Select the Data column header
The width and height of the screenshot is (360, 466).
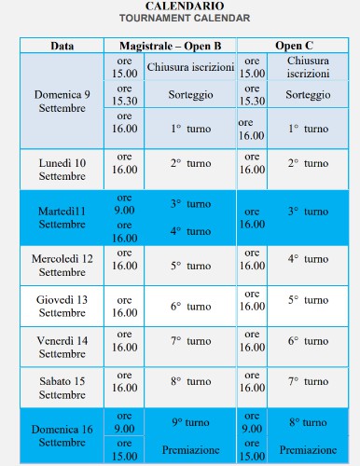tap(62, 46)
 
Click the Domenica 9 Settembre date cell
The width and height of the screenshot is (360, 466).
tap(62, 102)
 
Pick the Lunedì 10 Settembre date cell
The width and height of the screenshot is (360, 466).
tap(62, 170)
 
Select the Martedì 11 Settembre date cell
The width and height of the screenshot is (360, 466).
tap(62, 218)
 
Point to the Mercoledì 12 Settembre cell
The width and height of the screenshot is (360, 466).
tap(62, 265)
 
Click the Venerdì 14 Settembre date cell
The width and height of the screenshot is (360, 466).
tap(62, 347)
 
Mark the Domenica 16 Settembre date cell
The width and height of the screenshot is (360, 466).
tap(62, 435)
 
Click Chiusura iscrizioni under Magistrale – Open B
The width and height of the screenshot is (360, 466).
tap(190, 68)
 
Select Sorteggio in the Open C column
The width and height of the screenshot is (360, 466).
tap(308, 95)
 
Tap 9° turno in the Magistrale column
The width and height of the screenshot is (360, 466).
tap(190, 421)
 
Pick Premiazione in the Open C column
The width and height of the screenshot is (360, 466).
tap(308, 450)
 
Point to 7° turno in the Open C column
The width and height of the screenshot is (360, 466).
tap(308, 381)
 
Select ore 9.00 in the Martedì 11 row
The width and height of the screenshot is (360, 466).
tap(123, 204)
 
